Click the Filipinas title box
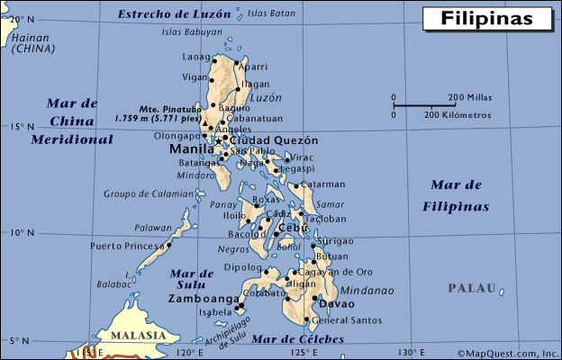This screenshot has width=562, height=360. click(487, 18)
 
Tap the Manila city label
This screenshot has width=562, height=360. click(191, 150)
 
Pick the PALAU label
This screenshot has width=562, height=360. click(472, 288)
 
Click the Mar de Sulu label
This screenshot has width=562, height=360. click(192, 278)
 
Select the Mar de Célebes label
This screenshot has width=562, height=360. click(297, 338)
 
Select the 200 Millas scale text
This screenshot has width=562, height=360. click(468, 97)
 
